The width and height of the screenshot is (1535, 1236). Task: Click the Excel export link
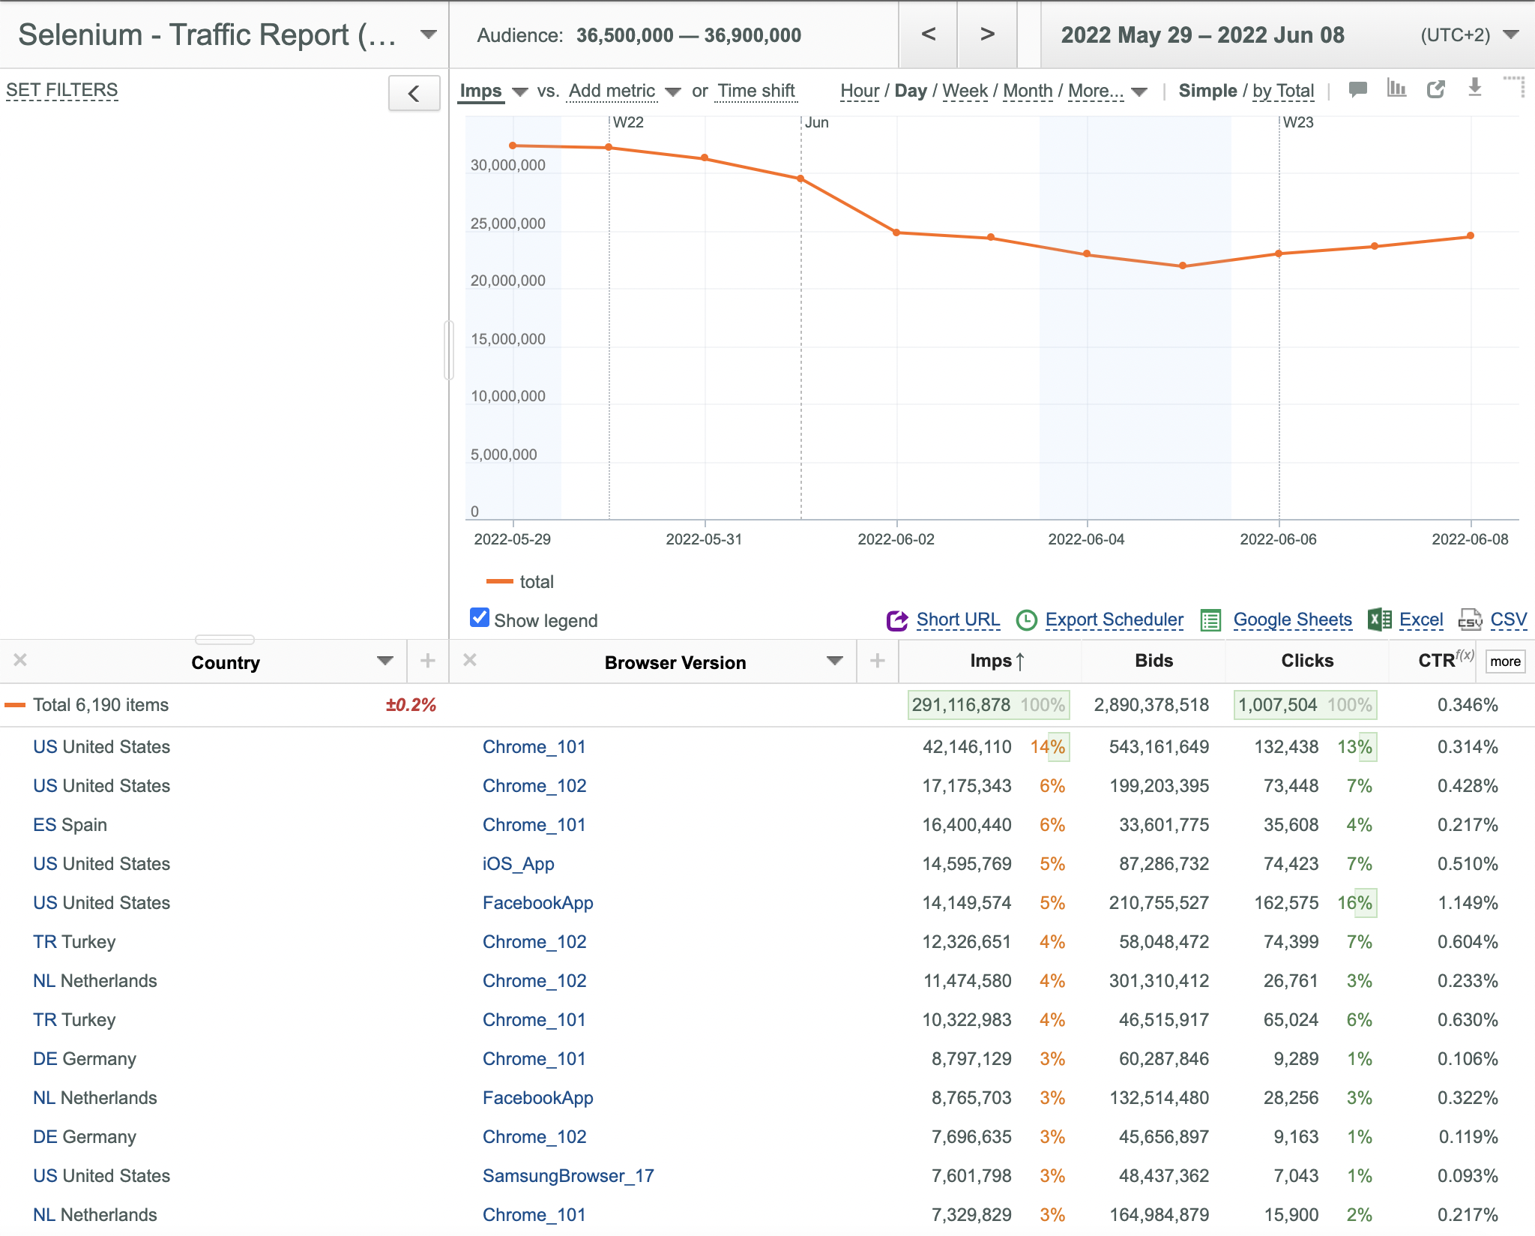pos(1421,619)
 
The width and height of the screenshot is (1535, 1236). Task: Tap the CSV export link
pos(1508,619)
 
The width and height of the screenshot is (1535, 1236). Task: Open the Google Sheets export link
pos(1292,619)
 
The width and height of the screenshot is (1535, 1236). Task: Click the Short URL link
pos(958,619)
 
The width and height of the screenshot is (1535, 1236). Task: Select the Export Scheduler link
pos(1115,619)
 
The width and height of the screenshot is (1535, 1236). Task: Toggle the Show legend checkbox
pos(480,617)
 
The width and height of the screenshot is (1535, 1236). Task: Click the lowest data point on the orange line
pos(1183,265)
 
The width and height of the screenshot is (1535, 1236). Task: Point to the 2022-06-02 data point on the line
pos(896,232)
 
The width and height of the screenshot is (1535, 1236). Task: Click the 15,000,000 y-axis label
pos(508,339)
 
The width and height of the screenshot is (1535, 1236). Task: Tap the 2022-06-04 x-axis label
pos(1086,539)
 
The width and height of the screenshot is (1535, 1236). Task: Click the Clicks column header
pos(1307,661)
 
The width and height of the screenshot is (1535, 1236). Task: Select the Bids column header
pos(1153,661)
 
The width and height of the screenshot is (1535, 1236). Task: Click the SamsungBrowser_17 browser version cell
pos(568,1176)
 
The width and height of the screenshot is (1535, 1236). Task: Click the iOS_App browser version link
pos(519,864)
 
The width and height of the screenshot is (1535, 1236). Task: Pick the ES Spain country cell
pos(70,825)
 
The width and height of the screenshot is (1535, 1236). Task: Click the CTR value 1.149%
pos(1468,903)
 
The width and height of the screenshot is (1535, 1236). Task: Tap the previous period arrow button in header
pos(928,34)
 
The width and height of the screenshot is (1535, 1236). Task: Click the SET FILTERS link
pos(62,90)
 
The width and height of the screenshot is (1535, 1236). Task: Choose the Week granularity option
pos(965,91)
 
